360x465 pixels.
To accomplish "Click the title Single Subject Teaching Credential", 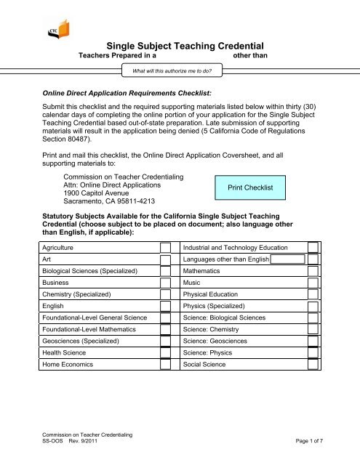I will (x=180, y=44).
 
